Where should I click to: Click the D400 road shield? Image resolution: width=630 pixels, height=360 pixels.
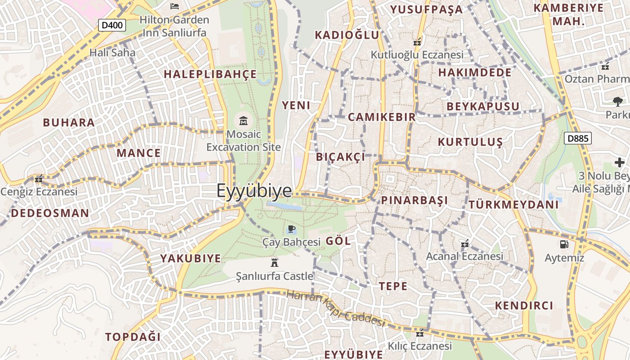click(112, 25)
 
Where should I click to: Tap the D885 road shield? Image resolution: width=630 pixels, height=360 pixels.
click(578, 138)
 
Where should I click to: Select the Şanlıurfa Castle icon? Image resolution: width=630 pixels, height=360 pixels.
click(274, 263)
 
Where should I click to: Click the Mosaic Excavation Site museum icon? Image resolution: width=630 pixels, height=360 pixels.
click(243, 121)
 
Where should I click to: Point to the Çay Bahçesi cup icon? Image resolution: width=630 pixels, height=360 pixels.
click(291, 229)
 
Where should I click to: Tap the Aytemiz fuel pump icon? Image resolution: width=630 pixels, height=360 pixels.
click(564, 244)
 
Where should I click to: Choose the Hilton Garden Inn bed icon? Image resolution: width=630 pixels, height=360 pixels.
click(175, 6)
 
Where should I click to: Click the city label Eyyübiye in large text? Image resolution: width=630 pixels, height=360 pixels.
click(254, 191)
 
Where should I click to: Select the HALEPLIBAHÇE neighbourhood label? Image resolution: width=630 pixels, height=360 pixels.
click(210, 74)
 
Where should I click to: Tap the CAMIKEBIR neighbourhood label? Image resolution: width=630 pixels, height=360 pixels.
click(382, 117)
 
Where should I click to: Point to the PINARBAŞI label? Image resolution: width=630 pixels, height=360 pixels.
click(414, 200)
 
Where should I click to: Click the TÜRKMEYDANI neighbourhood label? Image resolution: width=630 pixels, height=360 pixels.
click(513, 205)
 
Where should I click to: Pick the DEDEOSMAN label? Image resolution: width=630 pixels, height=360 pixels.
click(50, 213)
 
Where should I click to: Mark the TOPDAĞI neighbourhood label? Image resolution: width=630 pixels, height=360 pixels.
click(133, 337)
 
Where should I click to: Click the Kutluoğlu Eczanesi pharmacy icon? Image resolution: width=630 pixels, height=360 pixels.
click(417, 42)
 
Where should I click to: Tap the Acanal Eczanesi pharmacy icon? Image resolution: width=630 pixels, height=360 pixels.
click(465, 244)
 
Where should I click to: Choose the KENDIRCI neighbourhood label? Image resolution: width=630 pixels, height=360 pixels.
click(524, 306)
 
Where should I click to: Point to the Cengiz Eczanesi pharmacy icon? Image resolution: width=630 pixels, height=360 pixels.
click(39, 179)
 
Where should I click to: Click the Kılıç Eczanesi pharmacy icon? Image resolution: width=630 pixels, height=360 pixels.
click(420, 334)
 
